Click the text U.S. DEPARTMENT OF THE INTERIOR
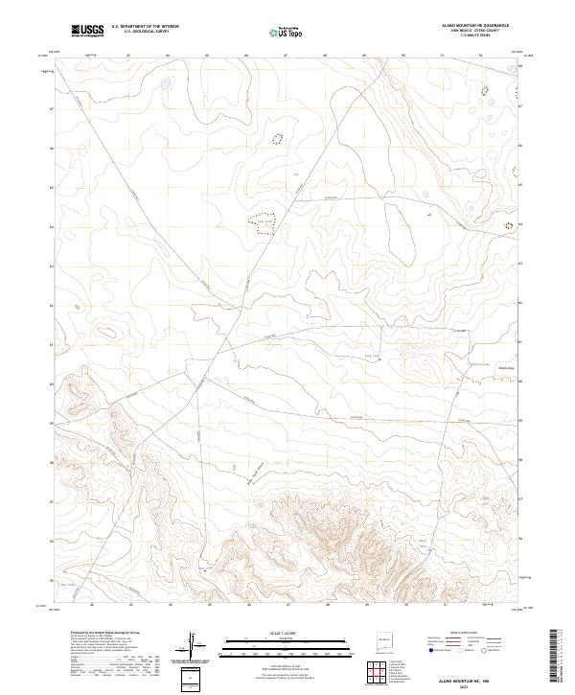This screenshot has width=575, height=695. click(x=145, y=27)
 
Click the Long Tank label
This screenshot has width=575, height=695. click(x=375, y=355)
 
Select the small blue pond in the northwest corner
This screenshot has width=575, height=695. click(x=166, y=84)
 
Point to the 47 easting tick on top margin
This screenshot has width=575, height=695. click(x=286, y=56)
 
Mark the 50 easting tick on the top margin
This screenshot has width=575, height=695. click(x=403, y=56)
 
